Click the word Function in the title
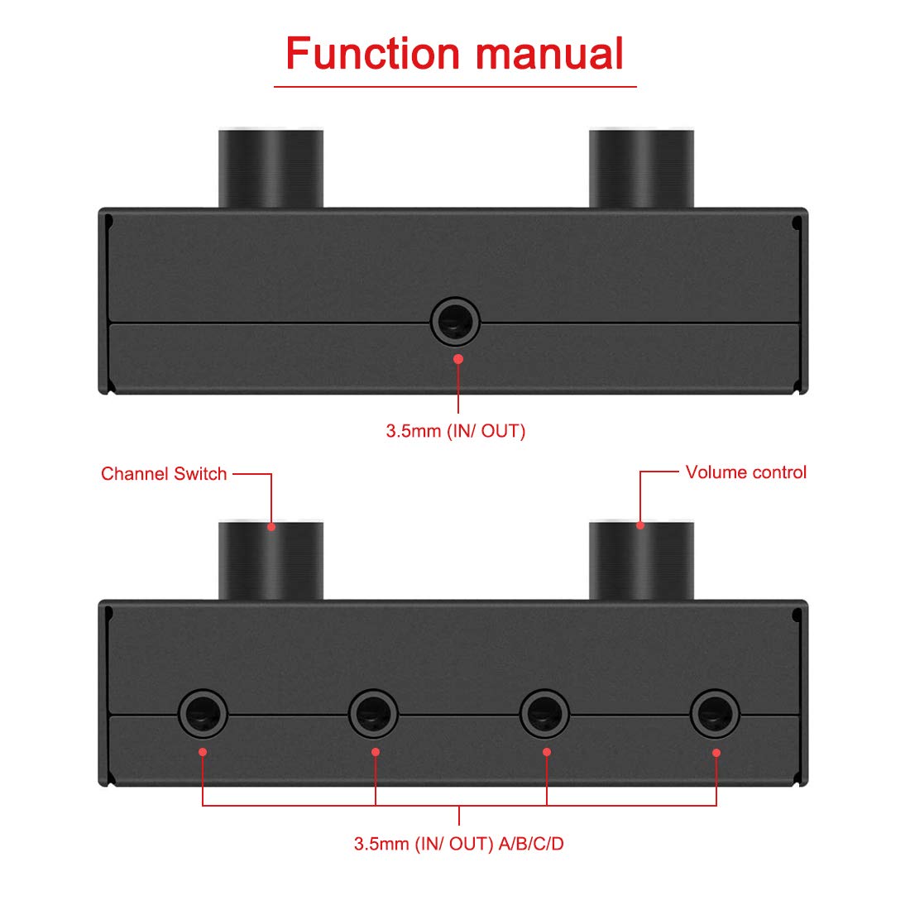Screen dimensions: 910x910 373,54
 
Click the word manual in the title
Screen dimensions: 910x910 549,54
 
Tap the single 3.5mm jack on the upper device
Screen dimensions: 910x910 456,321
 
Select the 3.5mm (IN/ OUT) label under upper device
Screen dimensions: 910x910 455,431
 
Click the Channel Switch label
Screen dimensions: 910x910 164,474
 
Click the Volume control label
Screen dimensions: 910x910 745,472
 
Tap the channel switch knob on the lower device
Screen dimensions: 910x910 271,561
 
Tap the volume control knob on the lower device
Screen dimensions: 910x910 641,561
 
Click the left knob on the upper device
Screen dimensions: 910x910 271,169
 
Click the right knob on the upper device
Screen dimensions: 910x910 641,169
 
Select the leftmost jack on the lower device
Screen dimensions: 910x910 204,713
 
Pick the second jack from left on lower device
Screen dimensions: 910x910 373,713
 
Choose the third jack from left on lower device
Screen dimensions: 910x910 544,713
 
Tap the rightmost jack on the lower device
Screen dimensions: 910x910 716,713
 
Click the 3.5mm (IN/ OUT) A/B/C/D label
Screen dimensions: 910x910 459,844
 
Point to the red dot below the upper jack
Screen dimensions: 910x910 458,359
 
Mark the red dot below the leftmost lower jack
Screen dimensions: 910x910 203,752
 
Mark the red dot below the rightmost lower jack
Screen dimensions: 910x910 716,753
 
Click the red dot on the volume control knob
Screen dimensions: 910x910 640,525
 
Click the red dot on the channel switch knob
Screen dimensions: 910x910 271,526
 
